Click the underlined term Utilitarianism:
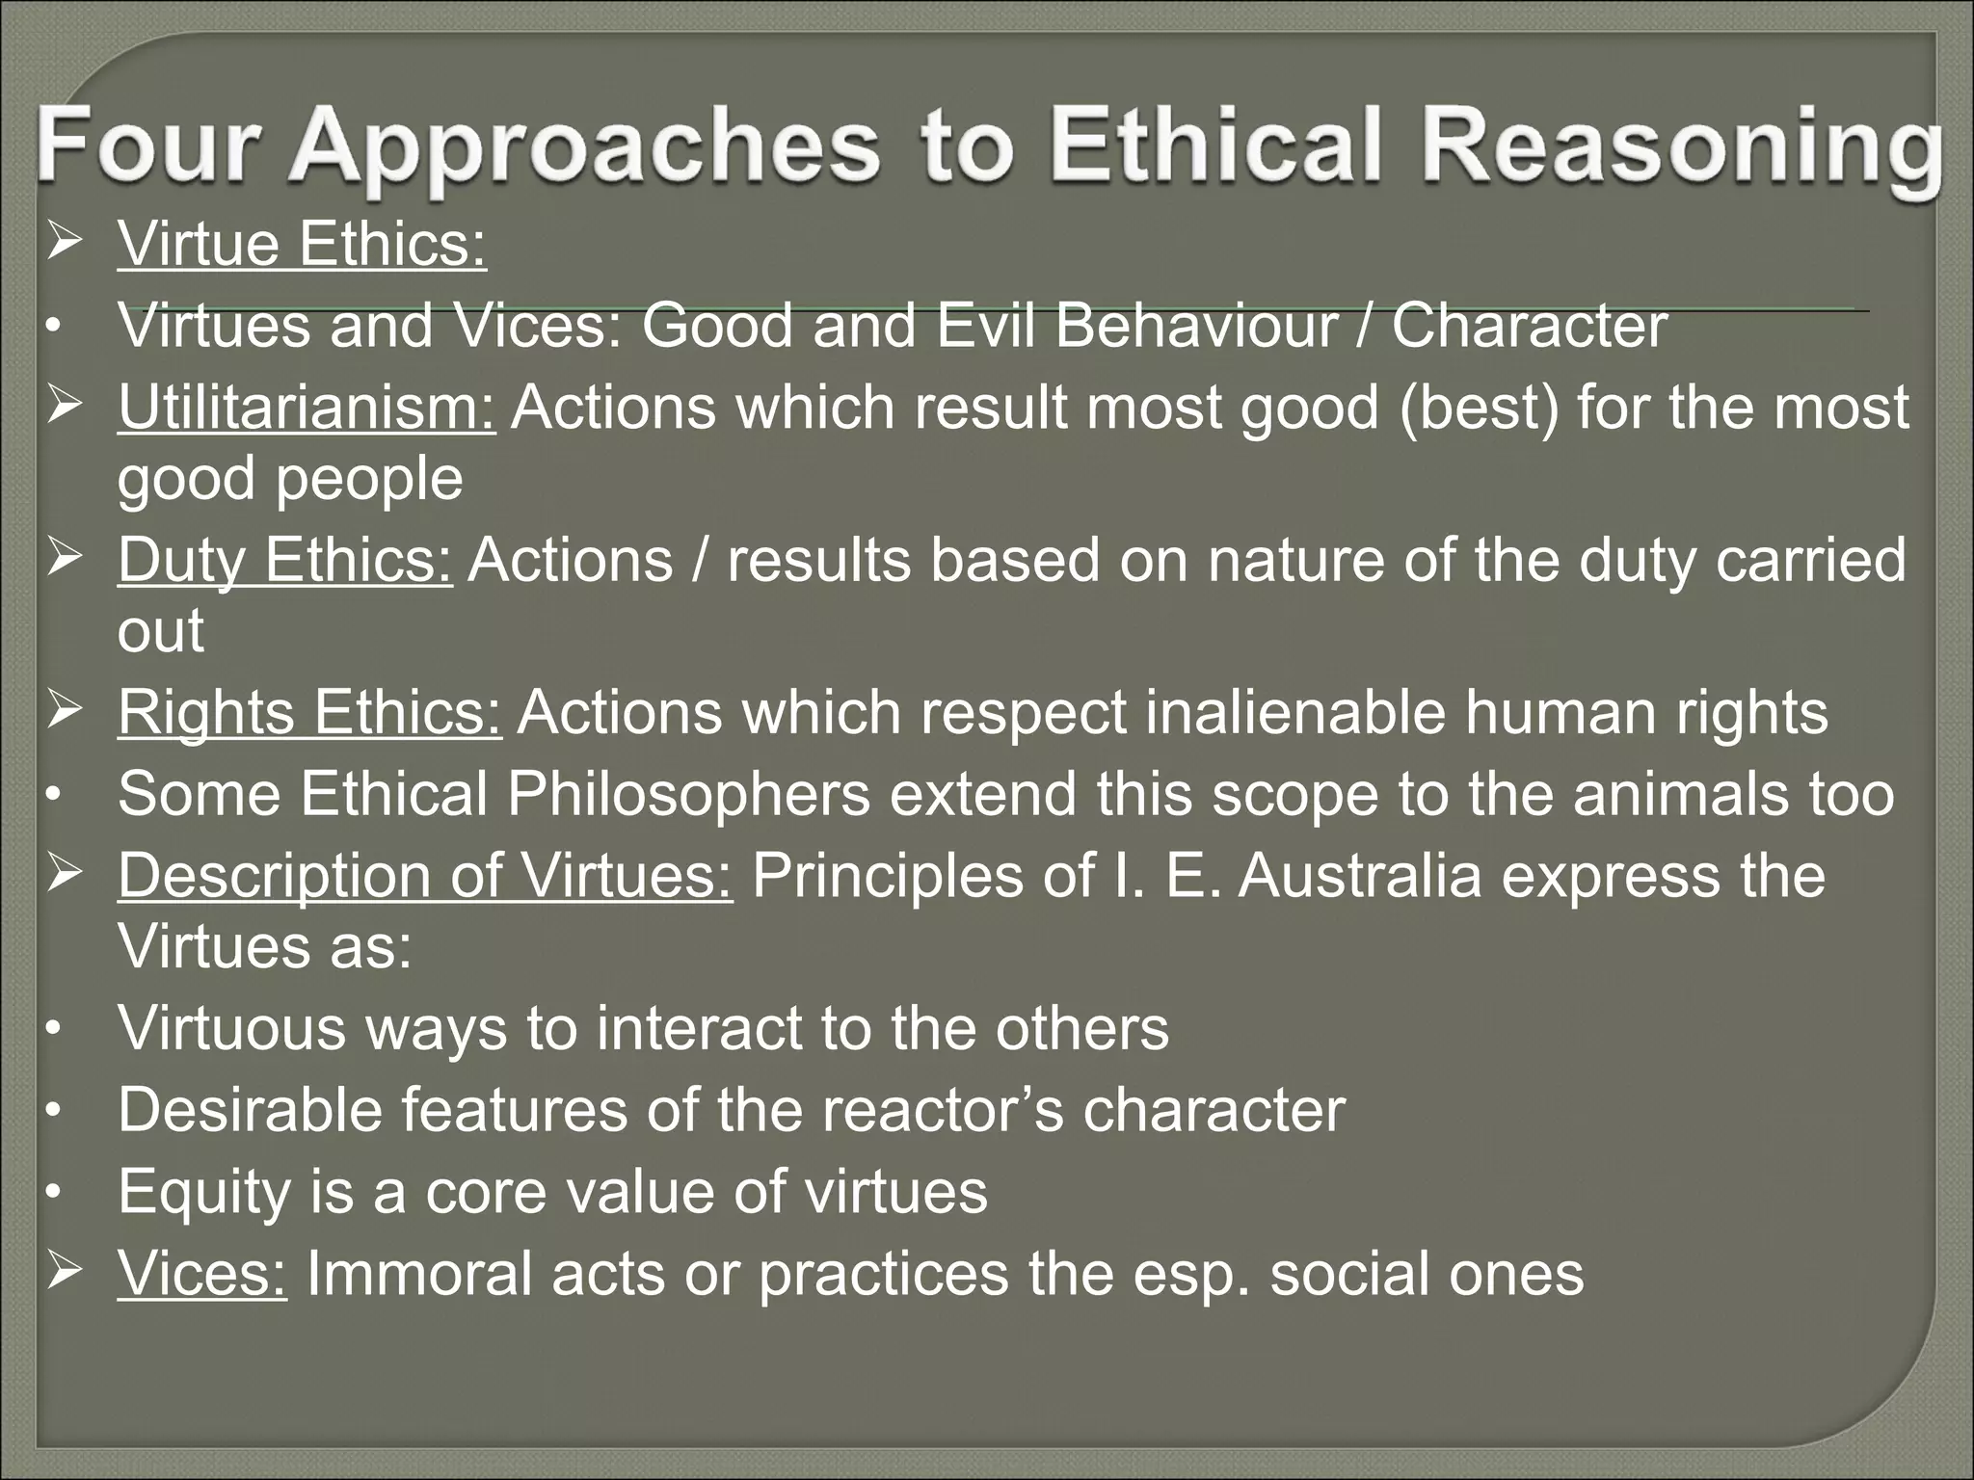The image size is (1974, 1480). tap(307, 407)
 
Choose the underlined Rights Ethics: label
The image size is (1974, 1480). tap(308, 712)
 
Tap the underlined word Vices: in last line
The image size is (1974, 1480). tap(201, 1273)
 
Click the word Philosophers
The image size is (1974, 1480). tap(688, 794)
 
